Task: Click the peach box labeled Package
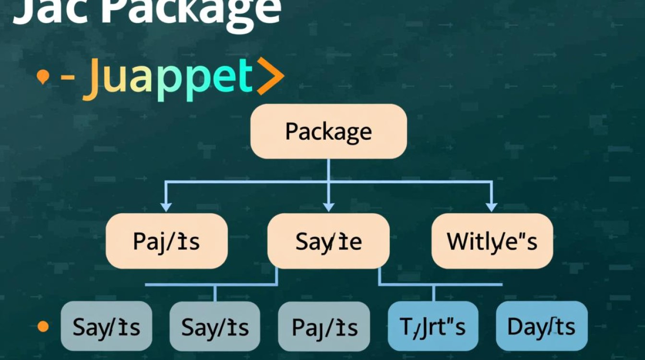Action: (x=328, y=131)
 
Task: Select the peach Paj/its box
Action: (x=167, y=241)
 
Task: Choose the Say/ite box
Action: (x=328, y=241)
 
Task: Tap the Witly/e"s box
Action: (x=492, y=241)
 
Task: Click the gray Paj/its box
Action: (x=324, y=327)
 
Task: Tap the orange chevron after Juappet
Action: (x=270, y=76)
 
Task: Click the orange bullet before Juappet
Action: (x=43, y=77)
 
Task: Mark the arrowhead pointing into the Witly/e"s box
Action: (x=491, y=207)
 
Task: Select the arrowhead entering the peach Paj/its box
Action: (x=166, y=207)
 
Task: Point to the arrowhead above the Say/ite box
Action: (x=328, y=207)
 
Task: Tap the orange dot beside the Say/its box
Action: (x=43, y=327)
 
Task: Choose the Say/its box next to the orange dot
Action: (x=106, y=327)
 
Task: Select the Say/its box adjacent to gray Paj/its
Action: (x=215, y=327)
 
